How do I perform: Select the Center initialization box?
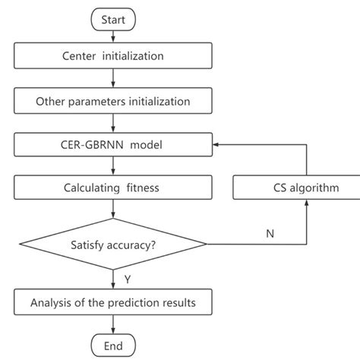(x=112, y=55)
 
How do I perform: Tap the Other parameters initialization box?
(x=112, y=99)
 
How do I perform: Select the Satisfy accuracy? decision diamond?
(x=112, y=244)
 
